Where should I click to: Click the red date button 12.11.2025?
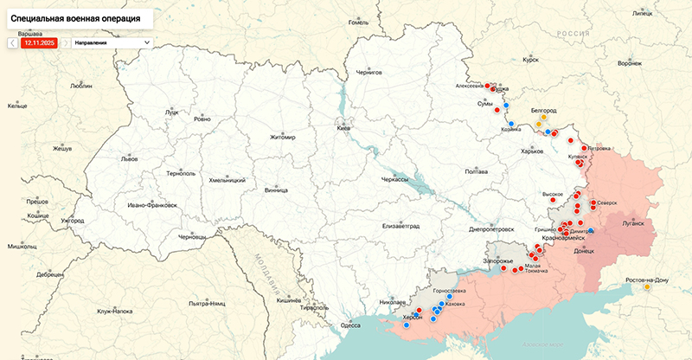40,42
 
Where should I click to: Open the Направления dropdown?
112,42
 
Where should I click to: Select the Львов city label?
129,159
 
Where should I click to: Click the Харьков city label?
531,151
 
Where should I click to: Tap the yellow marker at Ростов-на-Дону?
647,287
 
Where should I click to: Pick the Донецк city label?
584,252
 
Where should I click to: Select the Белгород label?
543,111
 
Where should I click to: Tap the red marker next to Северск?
593,203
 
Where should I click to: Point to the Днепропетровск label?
491,229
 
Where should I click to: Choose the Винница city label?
276,189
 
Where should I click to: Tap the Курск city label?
531,60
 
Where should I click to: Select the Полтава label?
477,171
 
